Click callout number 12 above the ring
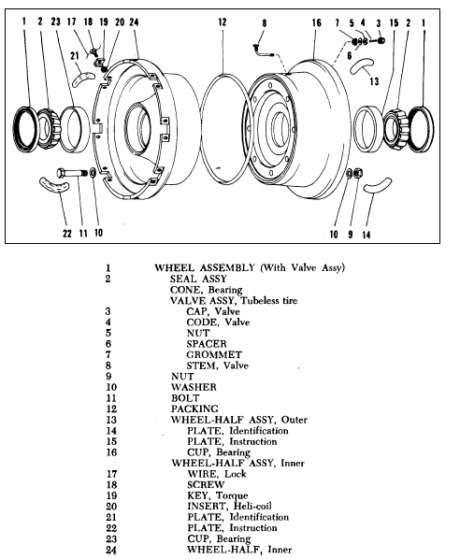(222, 20)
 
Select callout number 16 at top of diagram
(316, 20)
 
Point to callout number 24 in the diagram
(134, 20)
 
